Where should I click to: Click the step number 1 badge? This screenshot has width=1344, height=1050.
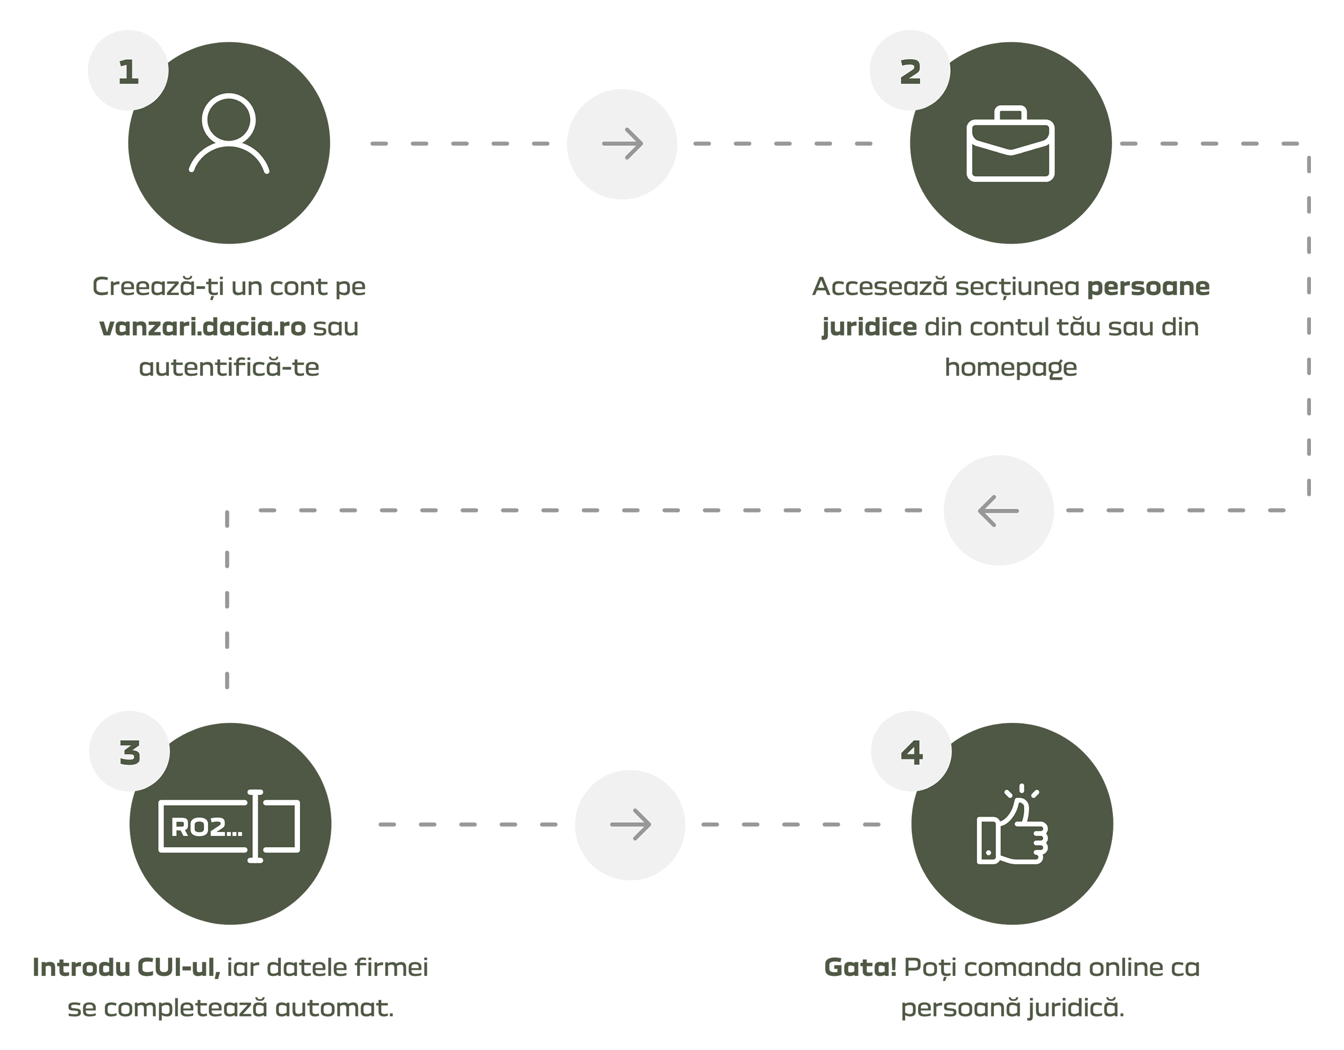coord(129,72)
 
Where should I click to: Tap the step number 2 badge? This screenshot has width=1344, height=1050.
coord(911,72)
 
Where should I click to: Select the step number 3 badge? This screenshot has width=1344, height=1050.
coord(130,753)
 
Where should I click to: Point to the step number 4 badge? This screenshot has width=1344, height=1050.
coord(912,753)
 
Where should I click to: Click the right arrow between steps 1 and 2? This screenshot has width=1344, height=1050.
coord(623,144)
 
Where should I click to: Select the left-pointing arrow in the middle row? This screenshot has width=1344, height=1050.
coord(998,511)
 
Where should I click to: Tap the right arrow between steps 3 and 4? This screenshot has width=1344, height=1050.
coord(631,825)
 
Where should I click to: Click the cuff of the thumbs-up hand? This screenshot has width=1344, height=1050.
coord(986,840)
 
